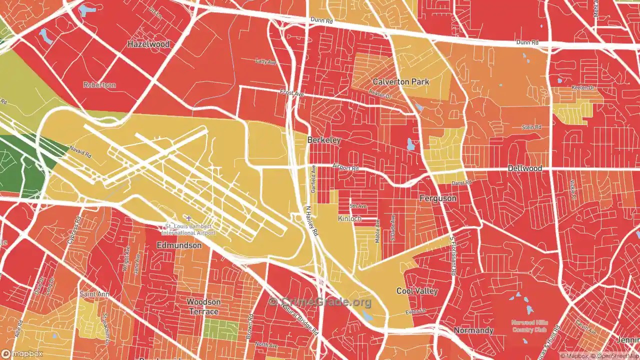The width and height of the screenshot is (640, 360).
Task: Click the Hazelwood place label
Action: pyautogui.click(x=148, y=44)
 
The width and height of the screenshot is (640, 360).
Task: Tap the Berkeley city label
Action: pyautogui.click(x=324, y=140)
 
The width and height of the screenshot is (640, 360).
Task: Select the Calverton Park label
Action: pyautogui.click(x=400, y=81)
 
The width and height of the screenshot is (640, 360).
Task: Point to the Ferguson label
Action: pyautogui.click(x=438, y=198)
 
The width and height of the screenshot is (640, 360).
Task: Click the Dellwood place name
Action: pyautogui.click(x=524, y=168)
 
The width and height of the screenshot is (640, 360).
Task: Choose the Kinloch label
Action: pyautogui.click(x=349, y=218)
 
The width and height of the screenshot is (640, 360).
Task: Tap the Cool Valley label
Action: pyautogui.click(x=417, y=291)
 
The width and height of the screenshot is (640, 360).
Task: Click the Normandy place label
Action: pyautogui.click(x=473, y=330)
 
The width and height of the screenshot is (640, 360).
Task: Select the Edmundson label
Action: pyautogui.click(x=179, y=245)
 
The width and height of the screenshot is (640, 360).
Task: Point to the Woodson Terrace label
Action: pyautogui.click(x=203, y=306)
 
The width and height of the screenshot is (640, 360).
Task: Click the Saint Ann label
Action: pyautogui.click(x=94, y=294)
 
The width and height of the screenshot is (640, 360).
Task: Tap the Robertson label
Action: pyautogui.click(x=99, y=85)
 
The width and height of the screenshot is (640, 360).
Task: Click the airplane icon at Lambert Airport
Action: pyautogui.click(x=188, y=218)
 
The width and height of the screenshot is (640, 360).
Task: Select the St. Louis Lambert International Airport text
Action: pyautogui.click(x=188, y=229)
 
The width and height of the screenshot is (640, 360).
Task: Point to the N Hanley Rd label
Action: pyautogui.click(x=312, y=221)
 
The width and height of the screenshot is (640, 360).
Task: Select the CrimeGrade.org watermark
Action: pyautogui.click(x=320, y=302)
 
